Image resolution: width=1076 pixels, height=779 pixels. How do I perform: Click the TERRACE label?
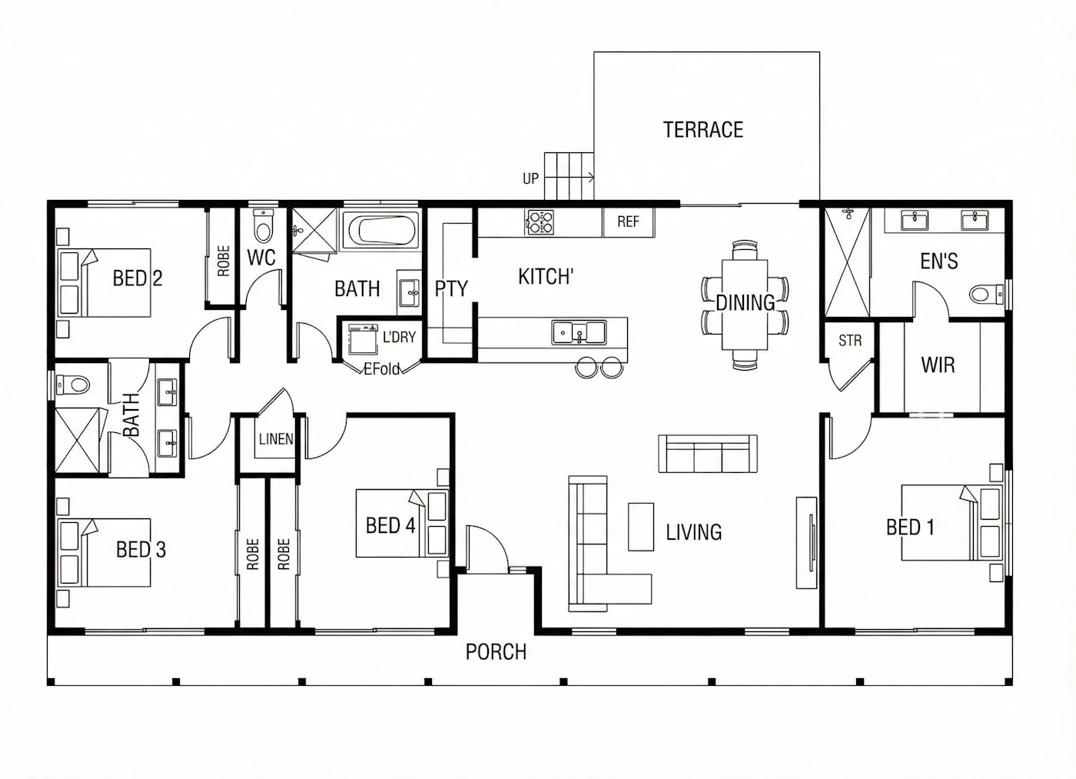tap(703, 130)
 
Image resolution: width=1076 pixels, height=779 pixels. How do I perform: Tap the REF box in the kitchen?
tap(629, 222)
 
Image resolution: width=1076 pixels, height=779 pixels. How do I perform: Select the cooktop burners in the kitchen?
tap(541, 222)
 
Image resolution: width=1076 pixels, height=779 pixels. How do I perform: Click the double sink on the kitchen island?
tap(579, 332)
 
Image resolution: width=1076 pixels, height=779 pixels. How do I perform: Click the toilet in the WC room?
tap(262, 225)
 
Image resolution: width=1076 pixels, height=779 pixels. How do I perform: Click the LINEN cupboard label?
tap(276, 439)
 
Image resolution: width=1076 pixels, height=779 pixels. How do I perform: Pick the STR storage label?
tap(850, 341)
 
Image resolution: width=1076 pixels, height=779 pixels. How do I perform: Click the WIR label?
tap(938, 365)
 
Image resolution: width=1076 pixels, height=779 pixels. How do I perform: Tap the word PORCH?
tap(496, 651)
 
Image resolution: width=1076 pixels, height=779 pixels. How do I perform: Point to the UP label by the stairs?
tap(531, 178)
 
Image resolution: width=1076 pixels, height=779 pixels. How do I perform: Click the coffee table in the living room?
tap(641, 527)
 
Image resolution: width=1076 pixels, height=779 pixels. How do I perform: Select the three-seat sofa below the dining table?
tap(708, 454)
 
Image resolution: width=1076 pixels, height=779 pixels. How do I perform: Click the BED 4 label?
tap(390, 525)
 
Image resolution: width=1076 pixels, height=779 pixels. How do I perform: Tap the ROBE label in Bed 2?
tap(224, 261)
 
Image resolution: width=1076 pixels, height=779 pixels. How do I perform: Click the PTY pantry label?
tap(451, 288)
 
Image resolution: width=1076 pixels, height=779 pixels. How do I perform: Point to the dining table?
tap(745, 305)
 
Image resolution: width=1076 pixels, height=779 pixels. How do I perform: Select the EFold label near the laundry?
tap(382, 369)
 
